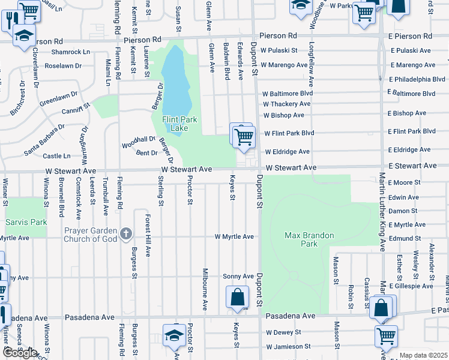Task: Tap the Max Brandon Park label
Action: [x=309, y=239]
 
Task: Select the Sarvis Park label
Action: [x=26, y=222]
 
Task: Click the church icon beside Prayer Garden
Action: [x=125, y=233]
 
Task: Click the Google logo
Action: [x=19, y=353]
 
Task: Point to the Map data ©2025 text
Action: [x=423, y=355]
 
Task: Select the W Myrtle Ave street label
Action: [x=234, y=237]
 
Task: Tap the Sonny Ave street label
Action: [x=238, y=276]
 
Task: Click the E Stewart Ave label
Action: [x=412, y=165]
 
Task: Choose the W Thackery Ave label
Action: [x=286, y=104]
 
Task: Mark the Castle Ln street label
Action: [x=57, y=156]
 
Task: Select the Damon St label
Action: [x=403, y=211]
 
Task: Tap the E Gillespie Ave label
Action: [x=411, y=286]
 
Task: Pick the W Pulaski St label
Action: [x=280, y=50]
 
